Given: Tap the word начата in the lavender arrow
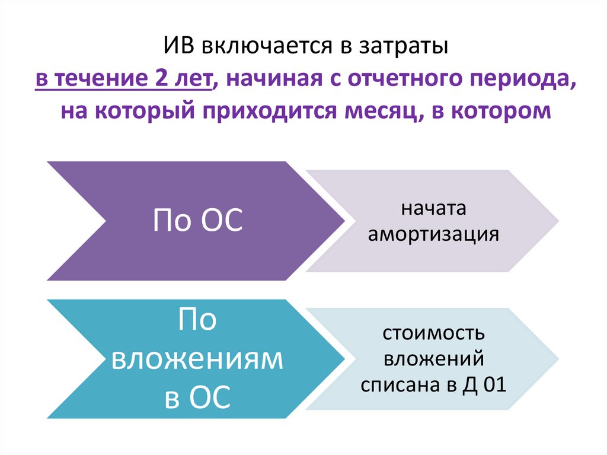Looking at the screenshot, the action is pyautogui.click(x=433, y=210).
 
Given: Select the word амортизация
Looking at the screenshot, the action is pyautogui.click(x=433, y=234).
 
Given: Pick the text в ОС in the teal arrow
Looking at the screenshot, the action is pyautogui.click(x=198, y=396).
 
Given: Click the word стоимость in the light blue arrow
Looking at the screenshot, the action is pyautogui.click(x=433, y=334).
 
